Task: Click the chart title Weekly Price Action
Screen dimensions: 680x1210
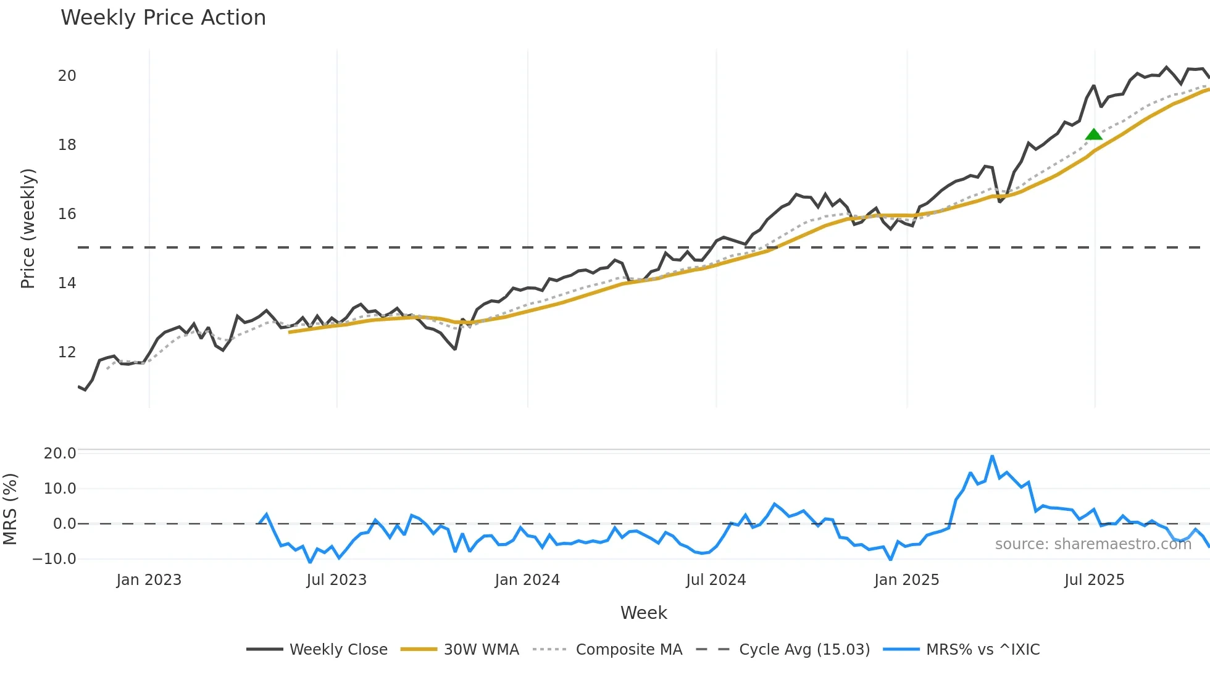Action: pyautogui.click(x=163, y=18)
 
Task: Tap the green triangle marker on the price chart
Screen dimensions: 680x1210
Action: pyautogui.click(x=1093, y=135)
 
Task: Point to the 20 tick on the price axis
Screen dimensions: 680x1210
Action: pyautogui.click(x=67, y=76)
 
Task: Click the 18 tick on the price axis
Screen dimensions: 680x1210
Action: pyautogui.click(x=67, y=145)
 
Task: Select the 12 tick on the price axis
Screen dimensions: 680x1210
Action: pyautogui.click(x=67, y=352)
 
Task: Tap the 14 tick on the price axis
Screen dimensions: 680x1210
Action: pyautogui.click(x=67, y=283)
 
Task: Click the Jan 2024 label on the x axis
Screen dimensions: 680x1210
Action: pyautogui.click(x=527, y=580)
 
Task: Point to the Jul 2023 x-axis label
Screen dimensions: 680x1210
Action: pyautogui.click(x=336, y=580)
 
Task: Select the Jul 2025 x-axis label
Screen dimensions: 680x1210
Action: pyautogui.click(x=1094, y=580)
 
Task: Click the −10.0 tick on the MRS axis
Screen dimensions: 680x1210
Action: pyautogui.click(x=54, y=559)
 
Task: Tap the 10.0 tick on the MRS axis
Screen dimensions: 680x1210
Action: pyautogui.click(x=60, y=489)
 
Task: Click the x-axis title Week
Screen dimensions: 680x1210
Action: pyautogui.click(x=643, y=613)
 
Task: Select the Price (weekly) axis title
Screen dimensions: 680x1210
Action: pyautogui.click(x=28, y=228)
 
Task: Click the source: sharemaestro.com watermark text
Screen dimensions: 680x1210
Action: pyautogui.click(x=1093, y=544)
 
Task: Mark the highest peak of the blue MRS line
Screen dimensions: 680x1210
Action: pyautogui.click(x=992, y=457)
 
